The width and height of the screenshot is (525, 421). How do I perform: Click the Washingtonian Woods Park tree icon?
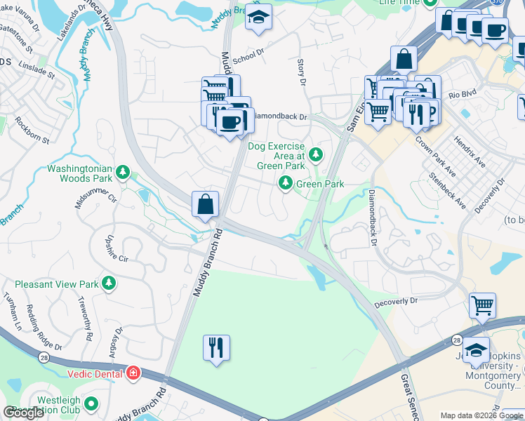click(123, 172)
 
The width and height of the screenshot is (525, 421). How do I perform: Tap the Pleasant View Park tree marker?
click(108, 283)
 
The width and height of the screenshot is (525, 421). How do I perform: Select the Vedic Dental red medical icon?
click(133, 373)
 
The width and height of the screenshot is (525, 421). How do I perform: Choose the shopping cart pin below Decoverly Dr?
click(482, 305)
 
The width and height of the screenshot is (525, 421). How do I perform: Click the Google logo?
click(24, 413)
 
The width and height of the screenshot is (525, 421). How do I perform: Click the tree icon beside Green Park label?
click(286, 183)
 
